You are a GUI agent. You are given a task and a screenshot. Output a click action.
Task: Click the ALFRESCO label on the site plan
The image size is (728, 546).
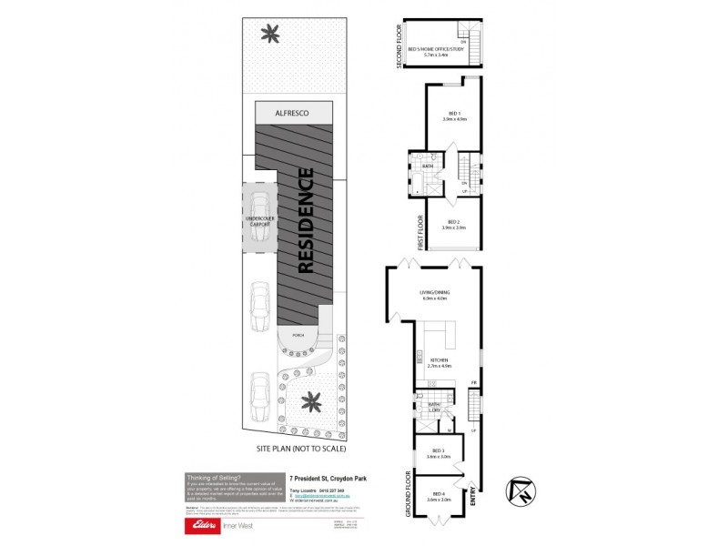pyautogui.click(x=292, y=112)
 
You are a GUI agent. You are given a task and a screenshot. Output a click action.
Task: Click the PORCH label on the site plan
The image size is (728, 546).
pyautogui.click(x=298, y=336)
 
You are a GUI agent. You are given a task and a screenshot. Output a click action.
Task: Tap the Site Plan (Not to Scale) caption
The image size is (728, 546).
pyautogui.click(x=302, y=449)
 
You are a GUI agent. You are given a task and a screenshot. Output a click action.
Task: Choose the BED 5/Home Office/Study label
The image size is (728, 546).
pyautogui.click(x=437, y=50)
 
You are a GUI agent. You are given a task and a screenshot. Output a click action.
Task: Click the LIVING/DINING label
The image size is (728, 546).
pyautogui.click(x=434, y=294)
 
